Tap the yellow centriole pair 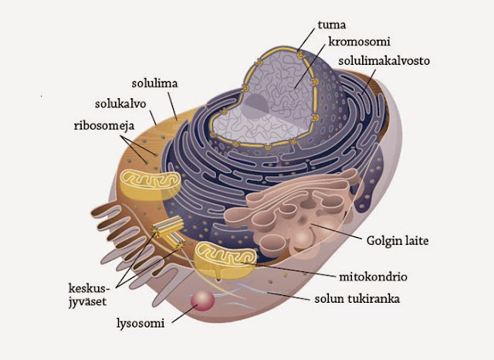(x=169, y=232)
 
